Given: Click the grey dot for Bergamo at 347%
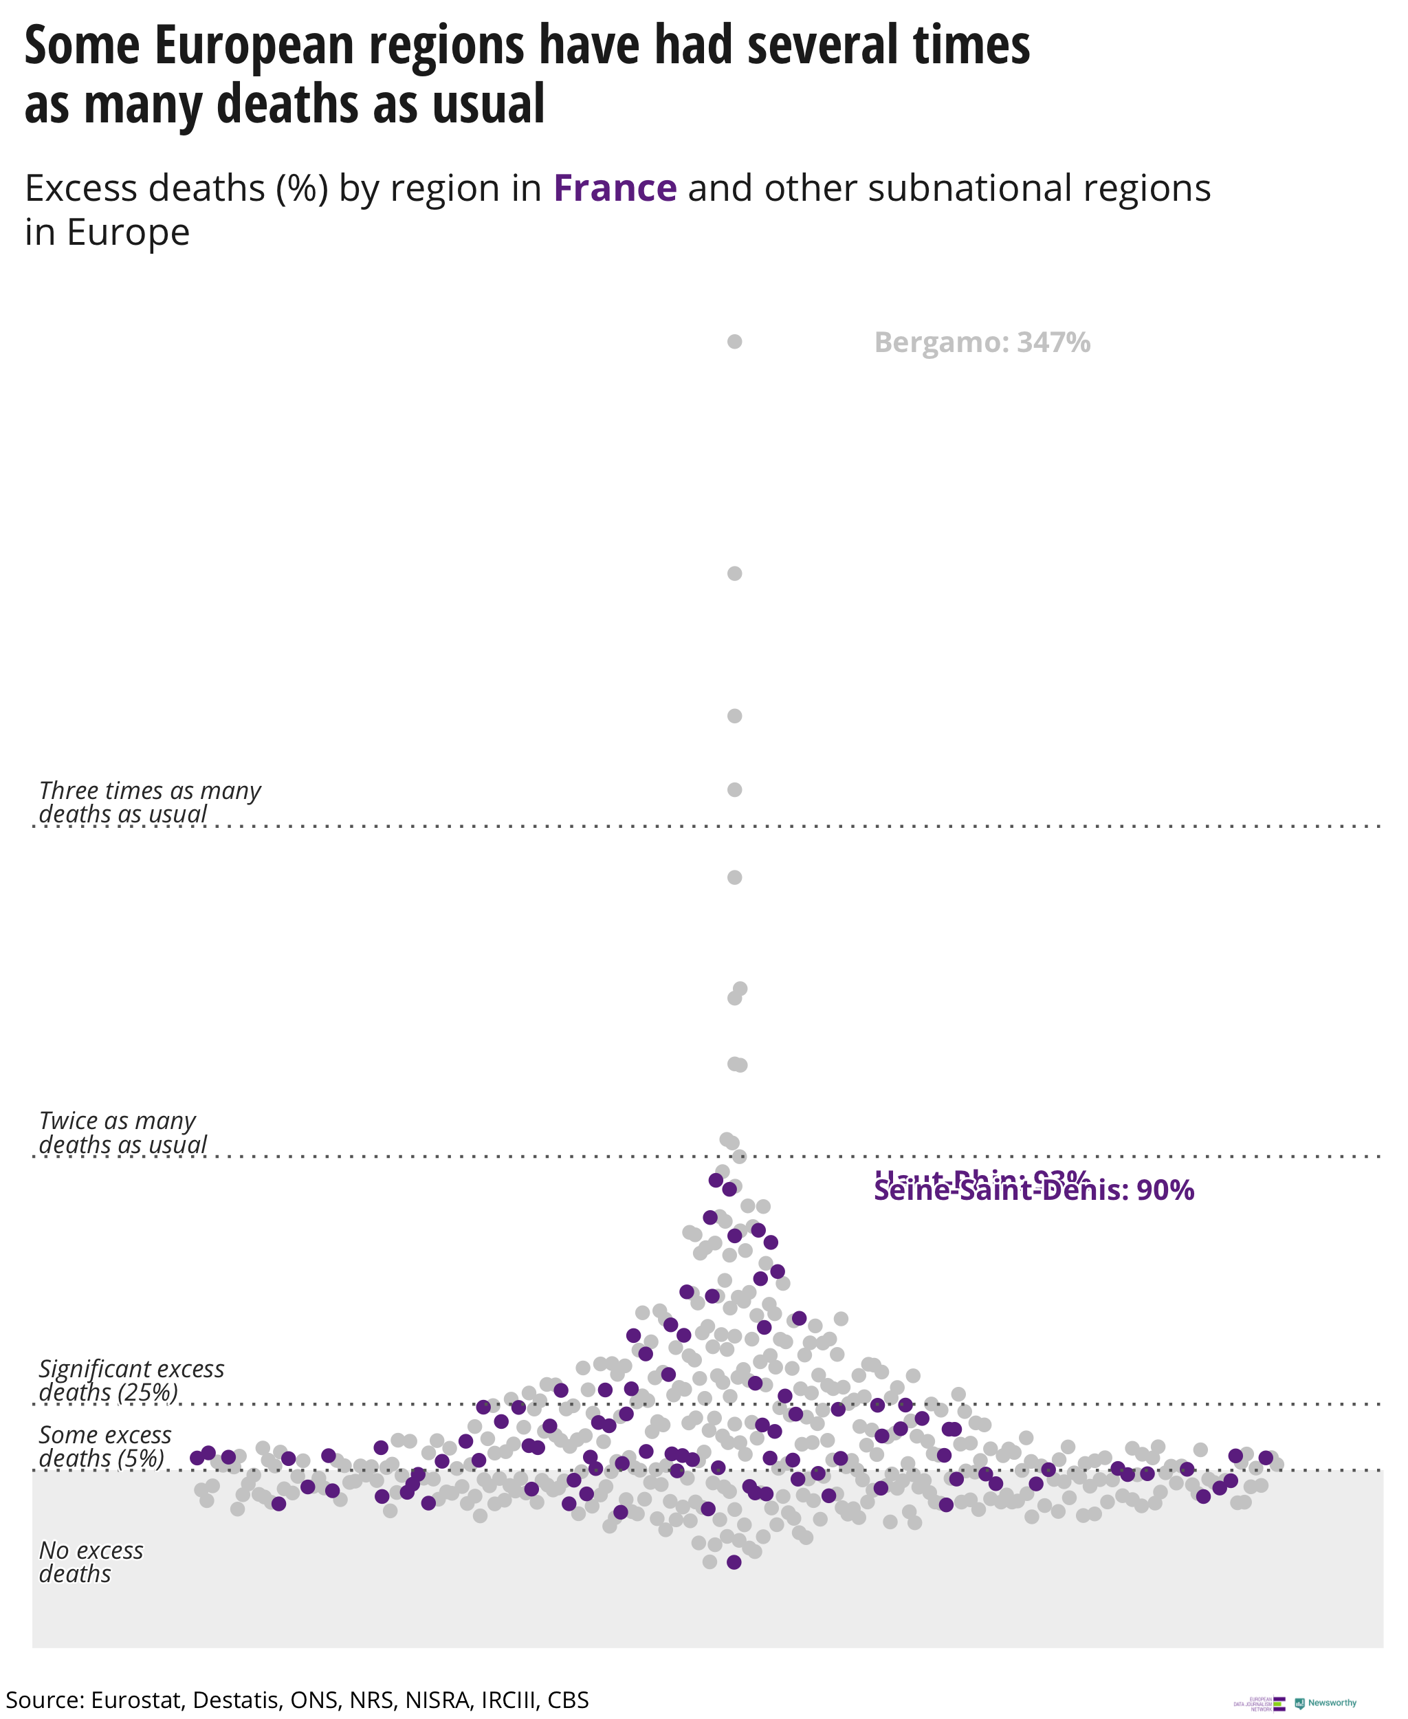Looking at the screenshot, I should click(734, 342).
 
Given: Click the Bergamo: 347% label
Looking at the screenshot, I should click(981, 342).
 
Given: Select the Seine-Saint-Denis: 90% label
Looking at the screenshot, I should click(1033, 1190).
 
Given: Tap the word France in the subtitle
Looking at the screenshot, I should click(615, 188).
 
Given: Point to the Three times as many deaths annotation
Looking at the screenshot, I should click(150, 802).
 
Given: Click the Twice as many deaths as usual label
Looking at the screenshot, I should click(122, 1132).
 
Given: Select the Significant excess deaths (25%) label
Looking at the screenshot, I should click(131, 1380).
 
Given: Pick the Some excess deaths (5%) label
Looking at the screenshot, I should click(104, 1447).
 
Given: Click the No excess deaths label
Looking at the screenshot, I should click(91, 1562).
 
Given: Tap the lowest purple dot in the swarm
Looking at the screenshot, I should click(734, 1562).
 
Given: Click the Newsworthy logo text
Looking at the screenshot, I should click(1332, 1702).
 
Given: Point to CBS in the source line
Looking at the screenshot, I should click(568, 1700).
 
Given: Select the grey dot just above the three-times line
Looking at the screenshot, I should click(734, 789).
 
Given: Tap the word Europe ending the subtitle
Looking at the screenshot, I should click(128, 233).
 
